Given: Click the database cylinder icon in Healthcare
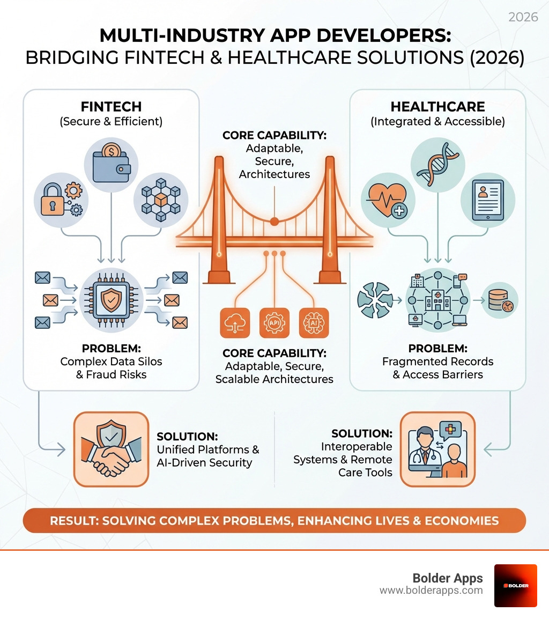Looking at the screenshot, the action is (x=500, y=301).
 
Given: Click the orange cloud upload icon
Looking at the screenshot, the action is (x=235, y=322).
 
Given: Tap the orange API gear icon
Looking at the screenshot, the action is (x=274, y=322).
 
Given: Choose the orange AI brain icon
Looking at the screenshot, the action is (x=314, y=322).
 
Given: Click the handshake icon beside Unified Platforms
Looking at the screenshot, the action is (x=110, y=449).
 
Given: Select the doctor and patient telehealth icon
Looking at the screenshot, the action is (x=437, y=449).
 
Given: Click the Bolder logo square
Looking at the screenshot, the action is (x=515, y=585).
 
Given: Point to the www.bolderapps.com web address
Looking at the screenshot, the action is (x=431, y=591).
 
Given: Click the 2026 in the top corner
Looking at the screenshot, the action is (x=523, y=17).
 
